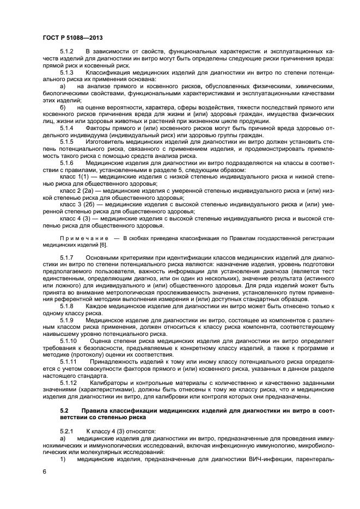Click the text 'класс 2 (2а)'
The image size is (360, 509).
coord(76,191)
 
